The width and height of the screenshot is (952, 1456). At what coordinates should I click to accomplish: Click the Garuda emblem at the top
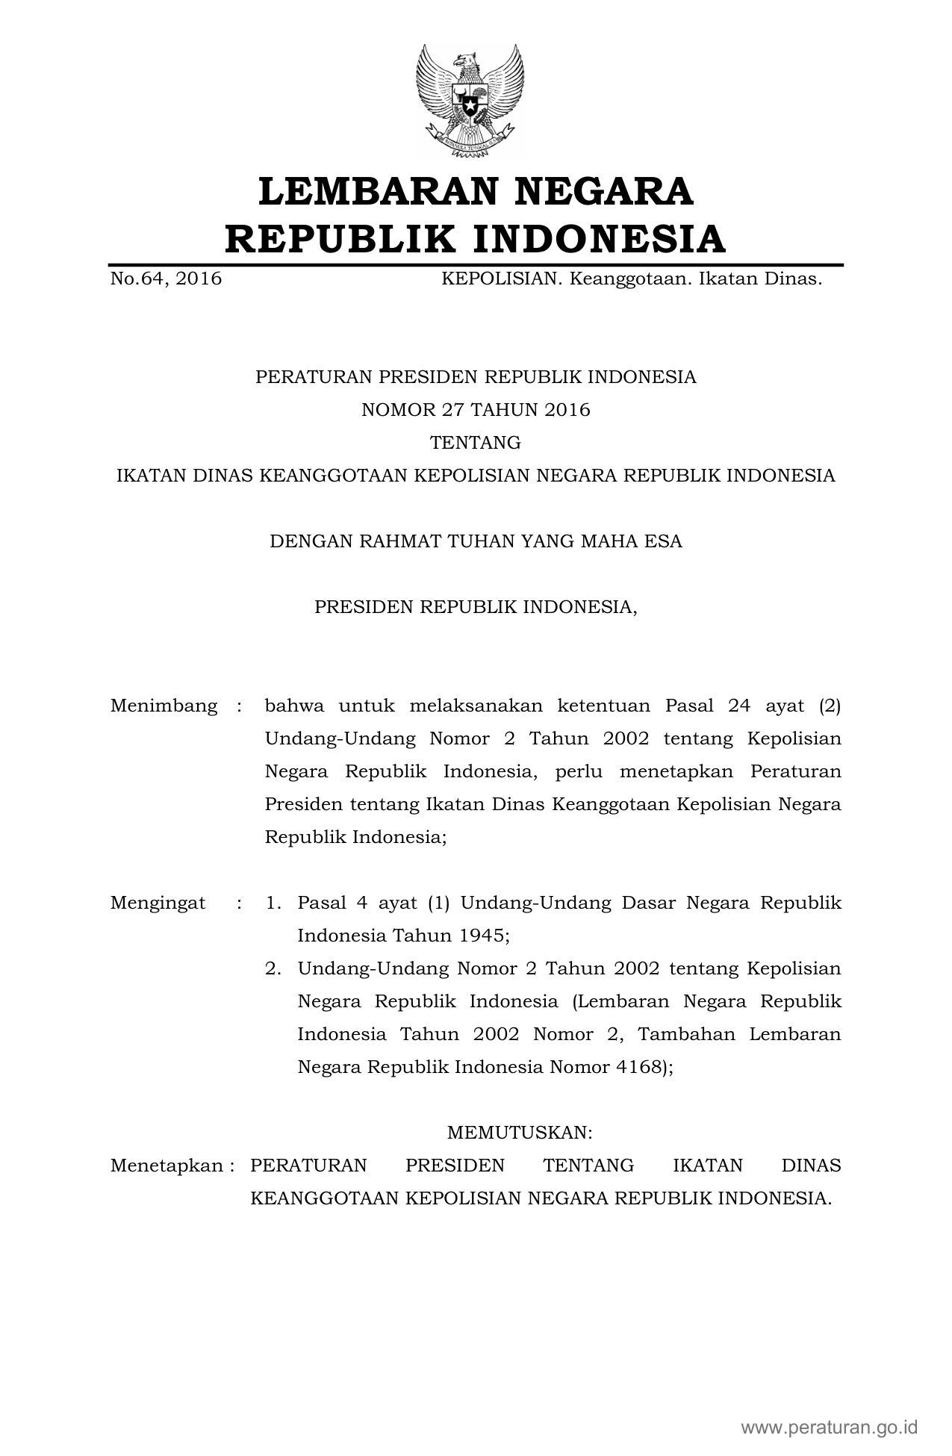click(x=470, y=100)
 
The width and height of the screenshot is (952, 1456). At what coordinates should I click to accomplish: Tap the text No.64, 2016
click(x=166, y=279)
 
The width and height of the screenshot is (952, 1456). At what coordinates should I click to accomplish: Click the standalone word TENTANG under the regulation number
click(x=476, y=443)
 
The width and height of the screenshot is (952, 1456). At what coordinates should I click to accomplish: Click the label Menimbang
click(x=164, y=706)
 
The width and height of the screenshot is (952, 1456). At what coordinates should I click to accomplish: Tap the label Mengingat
click(x=158, y=903)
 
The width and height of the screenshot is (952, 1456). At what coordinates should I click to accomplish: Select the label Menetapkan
click(x=167, y=1166)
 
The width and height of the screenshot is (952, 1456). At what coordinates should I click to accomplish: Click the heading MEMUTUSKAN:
click(x=519, y=1133)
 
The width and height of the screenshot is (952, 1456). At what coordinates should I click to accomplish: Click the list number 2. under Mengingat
click(x=273, y=968)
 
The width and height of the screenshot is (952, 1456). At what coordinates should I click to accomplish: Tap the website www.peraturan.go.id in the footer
click(x=829, y=1428)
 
